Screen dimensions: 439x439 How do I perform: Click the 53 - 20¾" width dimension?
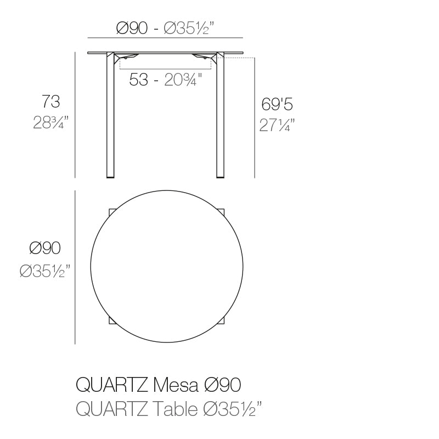click(x=165, y=80)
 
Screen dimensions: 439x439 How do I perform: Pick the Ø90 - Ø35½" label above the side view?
click(x=165, y=29)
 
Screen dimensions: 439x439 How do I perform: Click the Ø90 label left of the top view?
click(x=45, y=249)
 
